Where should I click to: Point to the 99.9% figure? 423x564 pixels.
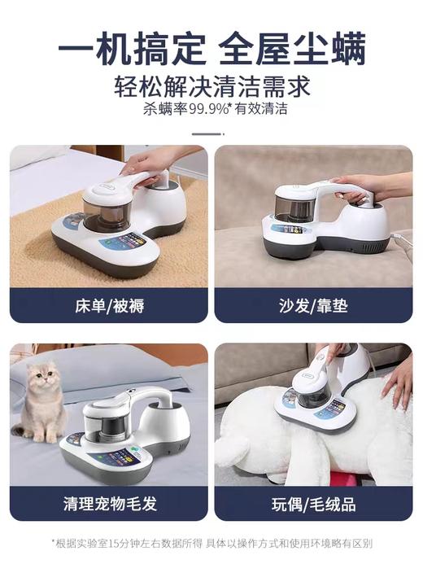click(211, 108)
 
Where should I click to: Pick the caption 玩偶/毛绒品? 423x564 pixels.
click(313, 504)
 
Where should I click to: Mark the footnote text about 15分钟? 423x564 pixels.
click(211, 543)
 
